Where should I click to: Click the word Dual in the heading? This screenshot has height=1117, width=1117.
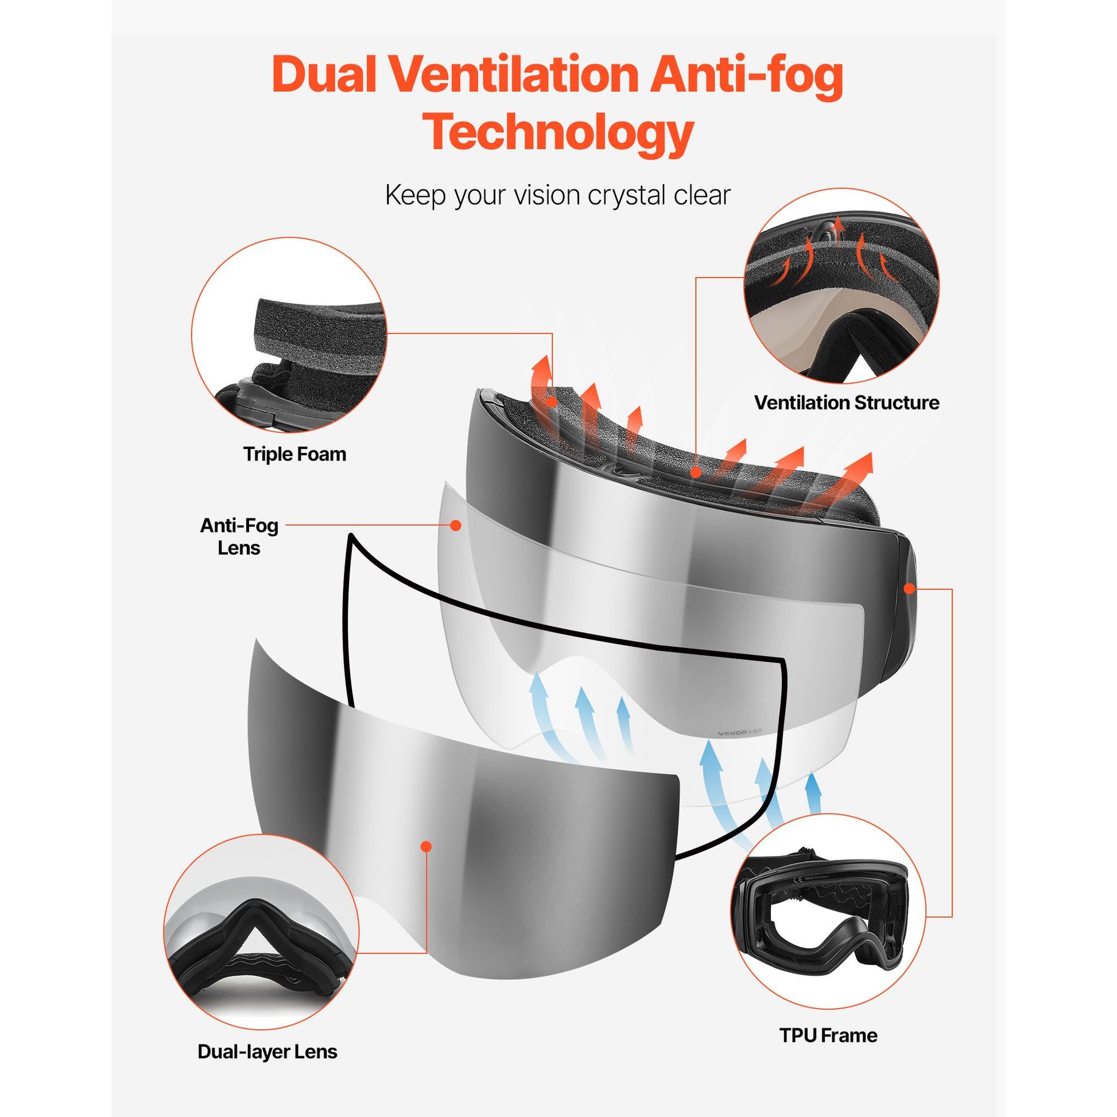pyautogui.click(x=326, y=75)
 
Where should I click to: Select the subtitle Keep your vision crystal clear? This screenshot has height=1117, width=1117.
pyautogui.click(x=558, y=195)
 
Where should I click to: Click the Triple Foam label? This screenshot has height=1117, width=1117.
pyautogui.click(x=295, y=455)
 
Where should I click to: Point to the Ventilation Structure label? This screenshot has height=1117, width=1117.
pyautogui.click(x=847, y=402)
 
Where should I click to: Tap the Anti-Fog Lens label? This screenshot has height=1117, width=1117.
pyautogui.click(x=239, y=537)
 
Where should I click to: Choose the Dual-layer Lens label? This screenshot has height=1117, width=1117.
pyautogui.click(x=267, y=1051)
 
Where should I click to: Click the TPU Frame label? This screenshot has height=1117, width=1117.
pyautogui.click(x=828, y=1035)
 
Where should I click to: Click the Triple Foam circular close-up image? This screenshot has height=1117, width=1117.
pyautogui.click(x=289, y=335)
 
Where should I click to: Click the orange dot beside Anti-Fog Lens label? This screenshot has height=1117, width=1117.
pyautogui.click(x=456, y=525)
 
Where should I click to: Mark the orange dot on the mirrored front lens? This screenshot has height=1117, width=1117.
pyautogui.click(x=426, y=847)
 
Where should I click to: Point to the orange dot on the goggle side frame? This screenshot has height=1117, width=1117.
pyautogui.click(x=908, y=589)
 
